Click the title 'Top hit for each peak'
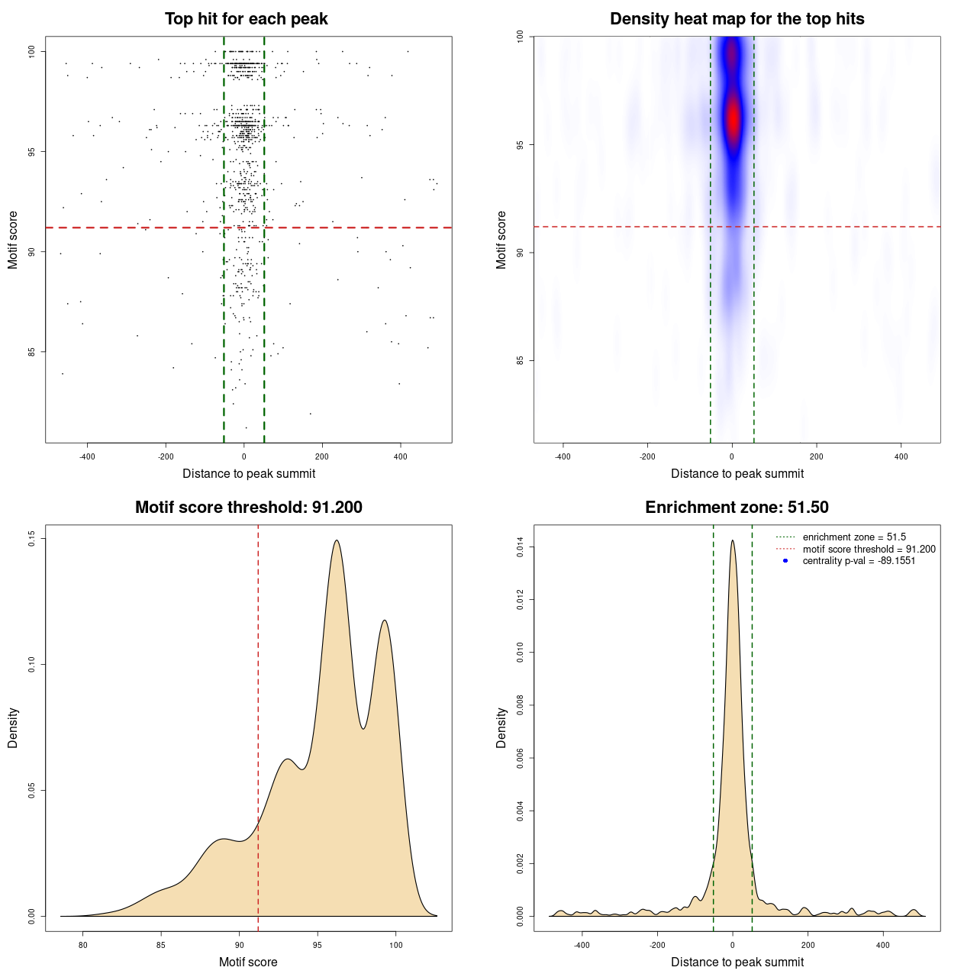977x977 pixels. pos(246,19)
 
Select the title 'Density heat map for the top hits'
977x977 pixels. pos(737,19)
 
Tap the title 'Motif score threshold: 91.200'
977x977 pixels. pos(248,508)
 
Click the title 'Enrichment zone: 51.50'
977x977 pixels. pos(737,508)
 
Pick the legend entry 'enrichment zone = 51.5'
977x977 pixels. pos(854,537)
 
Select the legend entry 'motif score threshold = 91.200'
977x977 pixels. pos(869,549)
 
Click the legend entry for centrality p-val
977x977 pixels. pos(859,561)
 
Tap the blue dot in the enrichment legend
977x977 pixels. pos(785,561)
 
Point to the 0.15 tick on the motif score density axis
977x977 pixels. pos(32,539)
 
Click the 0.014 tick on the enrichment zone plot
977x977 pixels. pos(521,547)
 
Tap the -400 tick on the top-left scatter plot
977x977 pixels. pos(87,456)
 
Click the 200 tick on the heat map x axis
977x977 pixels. pos(817,456)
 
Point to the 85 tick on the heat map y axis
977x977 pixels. pos(521,360)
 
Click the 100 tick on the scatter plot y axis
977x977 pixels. pos(32,51)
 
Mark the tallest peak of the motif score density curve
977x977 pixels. pos(336,540)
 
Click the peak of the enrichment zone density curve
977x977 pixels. pos(733,540)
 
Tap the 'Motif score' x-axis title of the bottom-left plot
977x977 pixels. pos(248,962)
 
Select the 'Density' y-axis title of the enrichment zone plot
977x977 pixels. pos(501,727)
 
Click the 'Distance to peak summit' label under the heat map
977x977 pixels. pos(737,473)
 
